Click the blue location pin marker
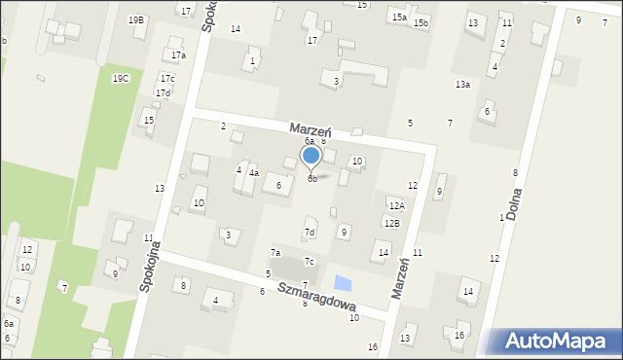tap(311, 156)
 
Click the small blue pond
tap(342, 283)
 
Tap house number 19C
tap(121, 78)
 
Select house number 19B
tap(136, 19)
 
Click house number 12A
tap(396, 206)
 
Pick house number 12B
tap(391, 224)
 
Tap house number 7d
tap(310, 233)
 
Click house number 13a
tap(462, 85)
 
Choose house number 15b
tap(421, 22)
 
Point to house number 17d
tap(163, 92)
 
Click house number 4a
tap(253, 173)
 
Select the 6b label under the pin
tap(311, 178)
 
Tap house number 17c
tap(167, 78)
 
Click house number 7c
tap(309, 261)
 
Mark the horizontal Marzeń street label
tap(311, 129)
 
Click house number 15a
tap(399, 17)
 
